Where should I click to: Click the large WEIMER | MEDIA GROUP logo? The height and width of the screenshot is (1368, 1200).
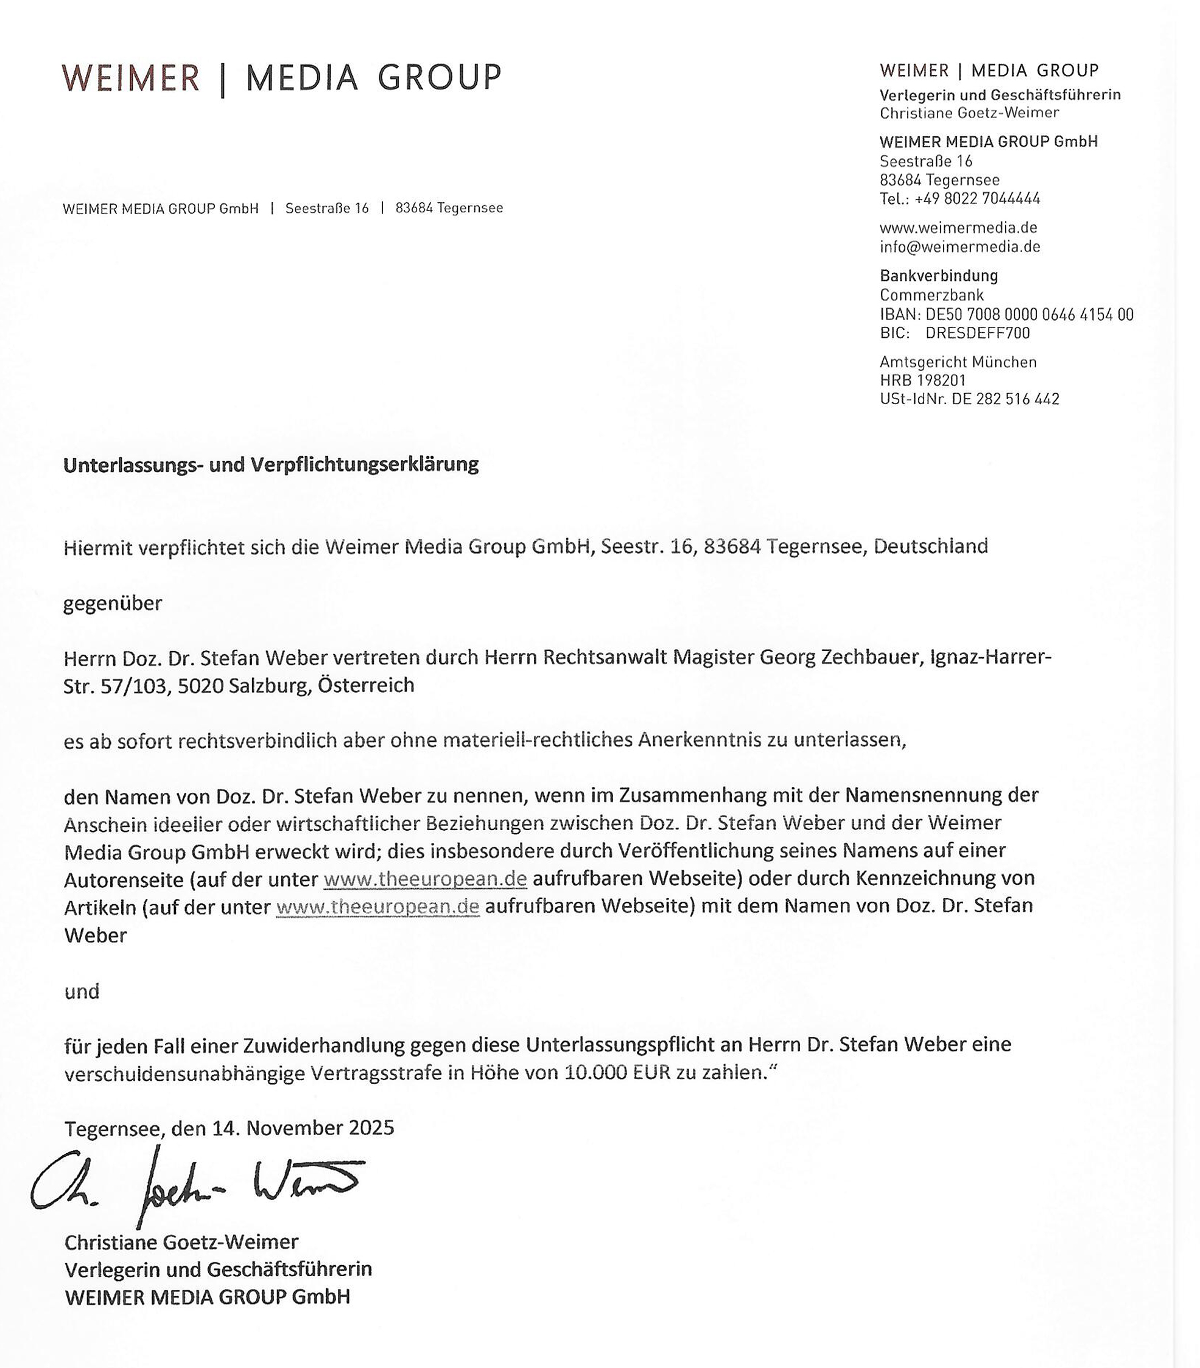[x=281, y=78]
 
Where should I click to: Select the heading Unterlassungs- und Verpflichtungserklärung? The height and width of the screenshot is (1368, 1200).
[x=270, y=464]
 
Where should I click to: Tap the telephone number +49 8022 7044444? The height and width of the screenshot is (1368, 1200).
[x=977, y=198]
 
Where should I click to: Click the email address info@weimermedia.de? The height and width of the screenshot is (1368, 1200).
[x=960, y=246]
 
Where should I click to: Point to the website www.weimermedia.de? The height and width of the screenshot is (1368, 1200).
[x=958, y=228]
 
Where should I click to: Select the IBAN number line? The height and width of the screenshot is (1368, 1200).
[x=1006, y=314]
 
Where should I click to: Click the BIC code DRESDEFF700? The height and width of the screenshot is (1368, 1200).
[x=978, y=333]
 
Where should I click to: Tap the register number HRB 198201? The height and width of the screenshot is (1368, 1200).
[x=923, y=380]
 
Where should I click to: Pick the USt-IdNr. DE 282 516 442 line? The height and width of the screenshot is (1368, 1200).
[x=969, y=399]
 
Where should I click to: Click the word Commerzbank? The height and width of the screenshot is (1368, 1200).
[x=932, y=295]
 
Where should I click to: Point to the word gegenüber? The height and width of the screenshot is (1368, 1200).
[x=113, y=603]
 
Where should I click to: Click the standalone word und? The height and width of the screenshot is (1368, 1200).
[x=82, y=991]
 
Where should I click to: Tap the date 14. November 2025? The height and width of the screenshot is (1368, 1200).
[x=303, y=1128]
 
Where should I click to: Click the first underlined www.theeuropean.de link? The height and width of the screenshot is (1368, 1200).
[x=425, y=878]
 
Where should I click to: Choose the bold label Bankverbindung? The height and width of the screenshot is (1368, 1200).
[x=939, y=275]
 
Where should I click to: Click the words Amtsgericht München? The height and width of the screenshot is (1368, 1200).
[x=958, y=361]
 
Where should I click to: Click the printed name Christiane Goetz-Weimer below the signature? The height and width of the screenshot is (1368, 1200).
[x=181, y=1242]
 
